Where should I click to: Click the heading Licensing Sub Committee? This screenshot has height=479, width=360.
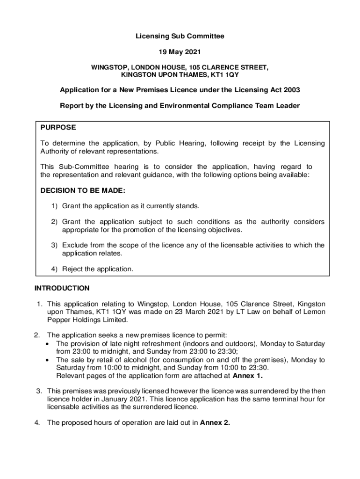180,36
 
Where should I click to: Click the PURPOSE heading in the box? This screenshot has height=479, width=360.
58,127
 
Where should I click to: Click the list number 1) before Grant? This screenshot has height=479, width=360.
55,206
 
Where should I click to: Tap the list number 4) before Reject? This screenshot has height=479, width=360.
55,269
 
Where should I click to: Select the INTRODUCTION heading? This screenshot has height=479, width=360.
62,288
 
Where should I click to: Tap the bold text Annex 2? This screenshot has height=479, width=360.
215,423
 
